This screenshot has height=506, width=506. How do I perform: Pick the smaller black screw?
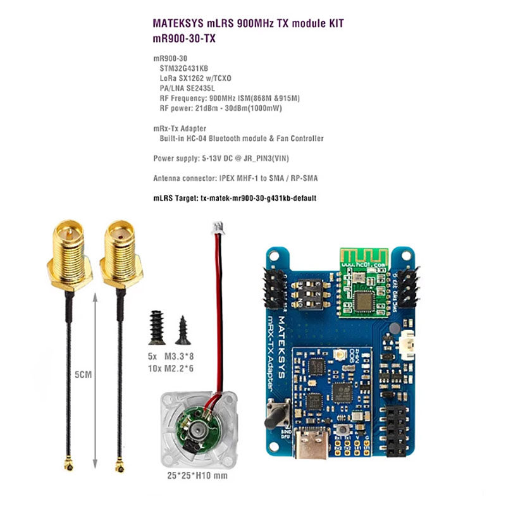(x=183, y=326)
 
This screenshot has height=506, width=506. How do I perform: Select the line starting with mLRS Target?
(x=235, y=198)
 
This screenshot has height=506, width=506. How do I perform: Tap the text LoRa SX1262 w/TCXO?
(x=195, y=78)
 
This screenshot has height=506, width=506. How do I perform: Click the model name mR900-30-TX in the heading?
(x=187, y=38)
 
